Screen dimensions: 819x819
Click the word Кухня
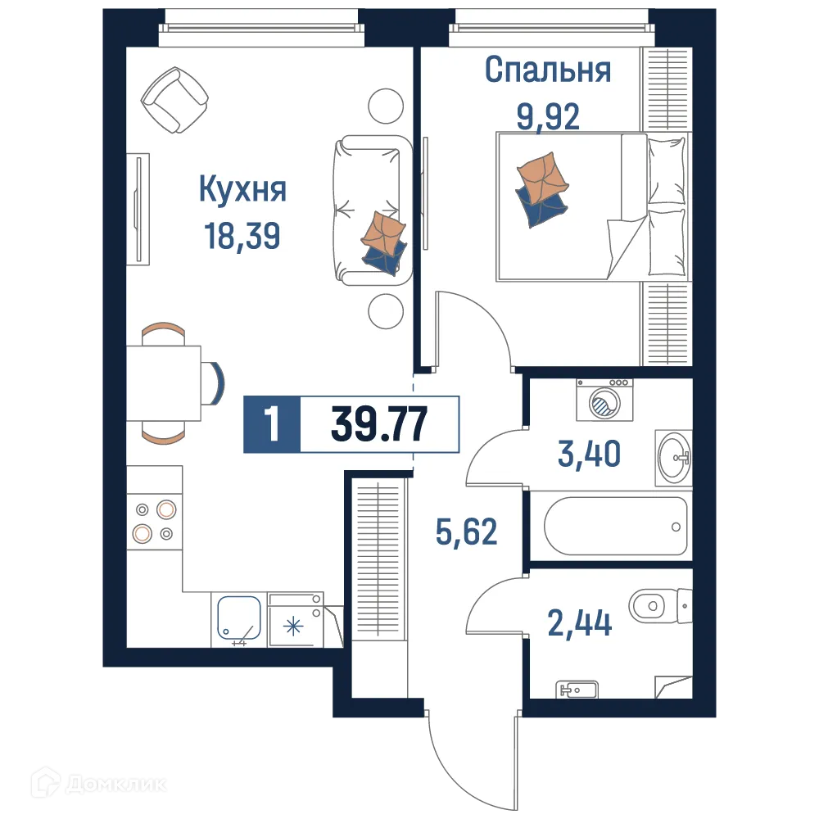coord(242,190)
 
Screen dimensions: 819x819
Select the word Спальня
coord(547,70)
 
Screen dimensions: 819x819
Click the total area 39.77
coord(378,424)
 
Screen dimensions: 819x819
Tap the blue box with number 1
coord(272,424)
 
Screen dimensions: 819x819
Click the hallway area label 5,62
coord(465,532)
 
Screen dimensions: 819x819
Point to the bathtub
coord(614,526)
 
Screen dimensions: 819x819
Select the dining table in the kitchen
coord(164,382)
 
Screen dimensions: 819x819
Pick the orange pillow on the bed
coord(541,177)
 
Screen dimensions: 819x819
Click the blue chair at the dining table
coord(215,382)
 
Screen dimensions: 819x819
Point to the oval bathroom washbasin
coord(674,455)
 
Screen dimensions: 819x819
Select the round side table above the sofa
coord(386,104)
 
